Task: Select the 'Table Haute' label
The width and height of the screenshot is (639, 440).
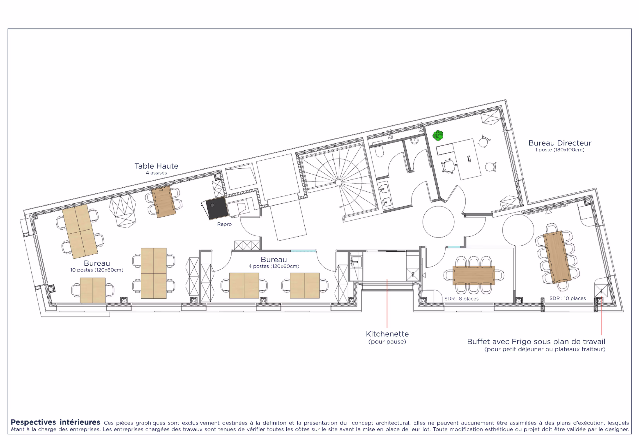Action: [x=156, y=166]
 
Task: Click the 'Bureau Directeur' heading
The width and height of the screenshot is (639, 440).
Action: [x=560, y=143]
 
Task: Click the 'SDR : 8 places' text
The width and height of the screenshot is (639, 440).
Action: [x=461, y=298]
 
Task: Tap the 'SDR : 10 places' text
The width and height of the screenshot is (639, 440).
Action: [x=567, y=298]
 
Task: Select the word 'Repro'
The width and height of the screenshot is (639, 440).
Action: [x=224, y=224]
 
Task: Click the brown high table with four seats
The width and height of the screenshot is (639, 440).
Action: [x=164, y=202]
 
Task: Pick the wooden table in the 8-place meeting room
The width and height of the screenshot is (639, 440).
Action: [x=474, y=275]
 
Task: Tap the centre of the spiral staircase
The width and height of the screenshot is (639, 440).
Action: [x=338, y=183]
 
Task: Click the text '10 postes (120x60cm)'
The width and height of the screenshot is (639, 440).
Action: [x=97, y=270]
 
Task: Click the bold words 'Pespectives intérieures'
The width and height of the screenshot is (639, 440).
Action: [x=55, y=422]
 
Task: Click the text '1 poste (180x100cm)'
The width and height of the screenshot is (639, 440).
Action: [x=560, y=150]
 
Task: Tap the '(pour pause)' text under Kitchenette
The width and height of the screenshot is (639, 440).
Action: [x=387, y=342]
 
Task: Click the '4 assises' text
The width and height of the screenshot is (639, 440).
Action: [x=156, y=173]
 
